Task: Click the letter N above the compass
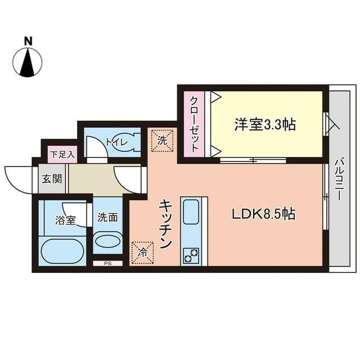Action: tap(28, 40)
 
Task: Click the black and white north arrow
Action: tap(28, 62)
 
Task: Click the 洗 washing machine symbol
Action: tap(163, 141)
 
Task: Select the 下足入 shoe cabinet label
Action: tap(61, 154)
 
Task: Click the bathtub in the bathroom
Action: tap(62, 251)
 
